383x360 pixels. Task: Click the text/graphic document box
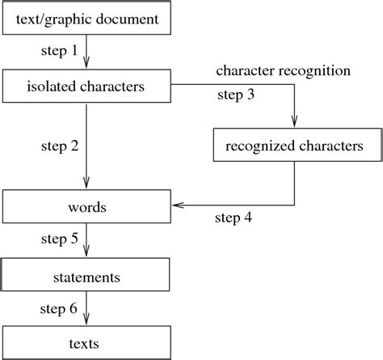86,19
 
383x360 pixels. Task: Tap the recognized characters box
293,146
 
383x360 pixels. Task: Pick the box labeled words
86,207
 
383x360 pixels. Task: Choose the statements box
86,277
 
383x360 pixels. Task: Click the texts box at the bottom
86,343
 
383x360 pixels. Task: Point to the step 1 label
59,51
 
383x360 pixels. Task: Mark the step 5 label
59,240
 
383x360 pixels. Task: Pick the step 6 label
59,308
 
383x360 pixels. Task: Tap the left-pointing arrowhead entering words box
177,206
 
